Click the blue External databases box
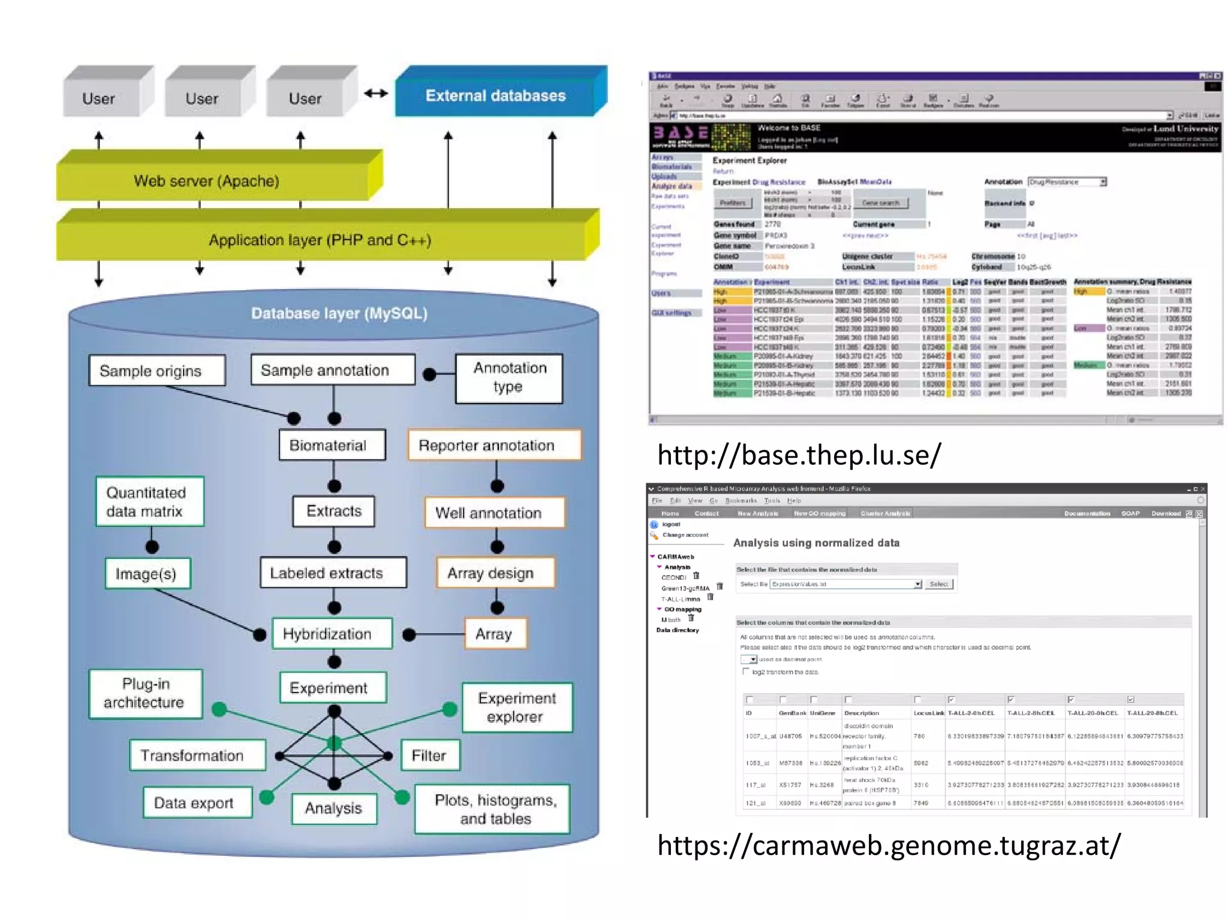495,96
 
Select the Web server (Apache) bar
207,181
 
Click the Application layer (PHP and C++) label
320,240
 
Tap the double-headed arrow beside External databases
376,94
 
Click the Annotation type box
509,378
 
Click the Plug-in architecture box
146,693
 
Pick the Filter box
429,756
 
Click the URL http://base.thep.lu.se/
799,455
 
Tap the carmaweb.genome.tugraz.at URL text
889,845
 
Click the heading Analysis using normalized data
816,543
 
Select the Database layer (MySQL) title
339,313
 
